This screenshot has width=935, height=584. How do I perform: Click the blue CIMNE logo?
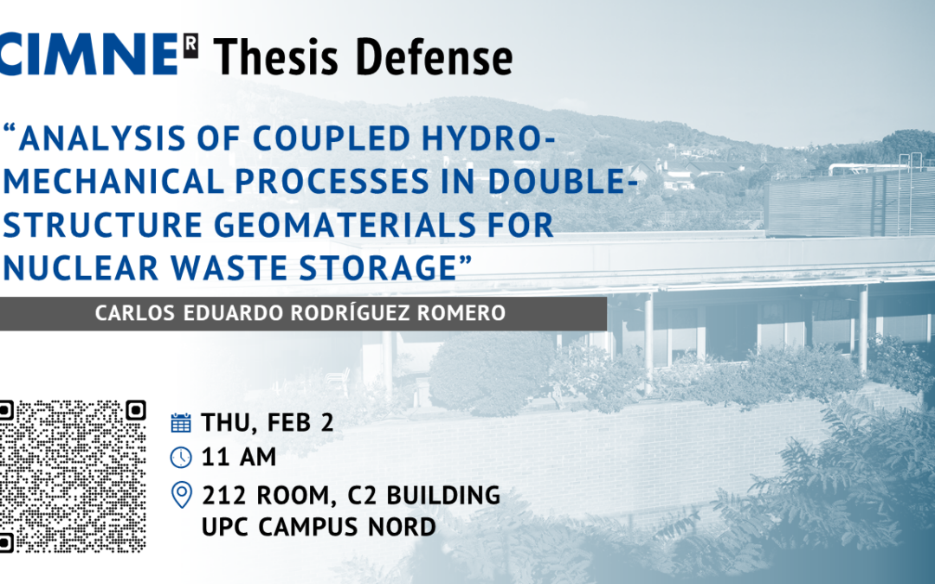(x=89, y=55)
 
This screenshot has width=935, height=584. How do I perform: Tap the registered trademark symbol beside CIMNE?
(x=190, y=47)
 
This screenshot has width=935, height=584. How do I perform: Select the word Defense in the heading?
(x=434, y=57)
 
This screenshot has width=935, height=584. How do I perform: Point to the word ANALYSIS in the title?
(x=102, y=138)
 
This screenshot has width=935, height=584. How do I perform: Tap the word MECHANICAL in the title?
(x=114, y=182)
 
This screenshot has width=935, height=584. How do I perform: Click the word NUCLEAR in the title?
(x=81, y=267)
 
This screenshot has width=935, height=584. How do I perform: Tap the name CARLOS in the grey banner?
(x=135, y=313)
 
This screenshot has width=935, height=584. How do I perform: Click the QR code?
(x=73, y=476)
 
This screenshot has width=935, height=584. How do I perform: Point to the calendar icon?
(x=181, y=422)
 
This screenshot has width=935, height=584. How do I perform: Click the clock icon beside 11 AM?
(x=181, y=457)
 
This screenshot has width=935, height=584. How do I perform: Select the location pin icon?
(x=181, y=495)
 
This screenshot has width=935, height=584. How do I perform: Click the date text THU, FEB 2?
(x=268, y=422)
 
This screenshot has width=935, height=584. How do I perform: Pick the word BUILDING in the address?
(x=443, y=495)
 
